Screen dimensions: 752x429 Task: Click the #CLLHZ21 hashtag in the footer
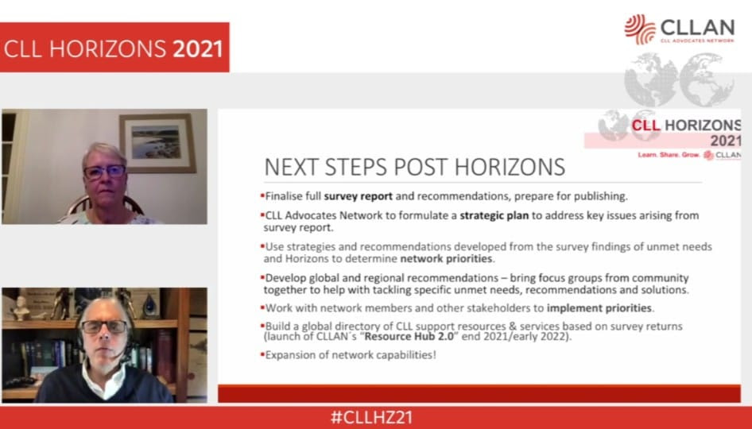click(x=371, y=417)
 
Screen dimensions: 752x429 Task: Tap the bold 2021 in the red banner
click(x=198, y=49)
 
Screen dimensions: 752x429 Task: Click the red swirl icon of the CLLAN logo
click(x=640, y=29)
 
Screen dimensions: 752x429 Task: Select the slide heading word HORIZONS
click(x=510, y=168)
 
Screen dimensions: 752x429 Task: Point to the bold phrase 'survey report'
click(x=359, y=196)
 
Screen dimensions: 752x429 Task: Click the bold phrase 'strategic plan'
click(x=494, y=216)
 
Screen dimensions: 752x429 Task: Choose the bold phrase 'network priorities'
click(x=446, y=259)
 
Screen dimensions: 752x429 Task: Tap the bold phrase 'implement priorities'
click(x=599, y=307)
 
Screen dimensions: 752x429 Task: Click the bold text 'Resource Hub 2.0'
click(x=409, y=337)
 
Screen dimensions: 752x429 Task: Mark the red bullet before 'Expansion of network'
click(x=262, y=354)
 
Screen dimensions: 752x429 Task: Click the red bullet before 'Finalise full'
click(x=262, y=195)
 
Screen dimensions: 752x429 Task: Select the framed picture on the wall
click(x=157, y=143)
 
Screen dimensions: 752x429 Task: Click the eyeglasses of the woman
click(x=105, y=172)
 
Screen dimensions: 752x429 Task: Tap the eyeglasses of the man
click(x=104, y=327)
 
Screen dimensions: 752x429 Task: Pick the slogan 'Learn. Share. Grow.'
click(x=669, y=155)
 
